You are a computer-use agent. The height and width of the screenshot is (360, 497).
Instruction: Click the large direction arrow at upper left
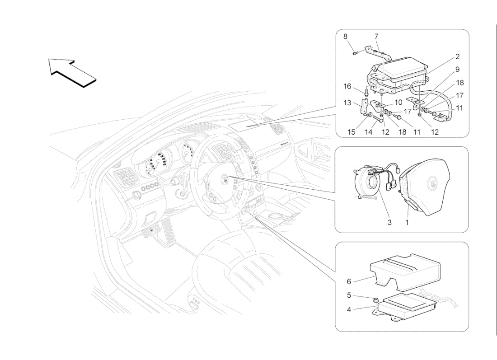pyautogui.click(x=72, y=73)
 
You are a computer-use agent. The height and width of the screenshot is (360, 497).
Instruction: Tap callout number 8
pyautogui.click(x=346, y=37)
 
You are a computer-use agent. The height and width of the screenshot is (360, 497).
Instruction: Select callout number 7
pyautogui.click(x=376, y=37)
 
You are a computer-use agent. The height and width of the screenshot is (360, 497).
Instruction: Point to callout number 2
pyautogui.click(x=457, y=57)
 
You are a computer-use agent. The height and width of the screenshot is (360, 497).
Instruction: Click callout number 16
pyautogui.click(x=347, y=86)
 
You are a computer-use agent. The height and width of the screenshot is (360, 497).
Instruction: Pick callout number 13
pyautogui.click(x=347, y=103)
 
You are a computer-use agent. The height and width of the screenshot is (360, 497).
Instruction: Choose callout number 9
pyautogui.click(x=457, y=70)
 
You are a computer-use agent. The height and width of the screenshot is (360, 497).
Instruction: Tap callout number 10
pyautogui.click(x=398, y=103)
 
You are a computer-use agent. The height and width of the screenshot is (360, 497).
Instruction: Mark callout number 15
pyautogui.click(x=352, y=132)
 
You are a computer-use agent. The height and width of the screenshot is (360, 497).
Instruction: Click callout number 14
pyautogui.click(x=368, y=132)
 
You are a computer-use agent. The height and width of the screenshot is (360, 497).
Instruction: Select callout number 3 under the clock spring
pyautogui.click(x=389, y=223)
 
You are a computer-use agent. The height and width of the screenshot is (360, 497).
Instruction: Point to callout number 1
pyautogui.click(x=407, y=223)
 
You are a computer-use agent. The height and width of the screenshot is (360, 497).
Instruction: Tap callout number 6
pyautogui.click(x=349, y=281)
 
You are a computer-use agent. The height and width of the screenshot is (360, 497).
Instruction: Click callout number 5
pyautogui.click(x=349, y=295)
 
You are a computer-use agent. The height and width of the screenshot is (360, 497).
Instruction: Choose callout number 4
pyautogui.click(x=349, y=309)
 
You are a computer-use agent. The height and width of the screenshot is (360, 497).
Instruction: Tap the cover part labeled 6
pyautogui.click(x=405, y=272)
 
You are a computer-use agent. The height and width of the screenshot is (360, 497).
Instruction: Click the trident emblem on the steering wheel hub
pyautogui.click(x=225, y=179)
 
